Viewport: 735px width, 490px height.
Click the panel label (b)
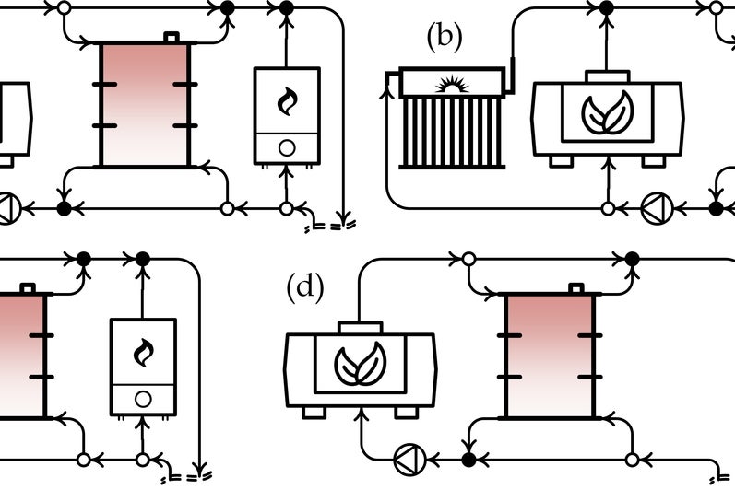click(444, 37)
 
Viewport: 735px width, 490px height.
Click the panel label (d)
click(304, 287)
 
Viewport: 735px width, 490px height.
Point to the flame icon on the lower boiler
click(143, 352)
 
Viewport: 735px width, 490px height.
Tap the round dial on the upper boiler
click(287, 146)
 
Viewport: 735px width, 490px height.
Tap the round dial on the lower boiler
click(143, 398)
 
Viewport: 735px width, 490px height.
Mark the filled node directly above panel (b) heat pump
click(606, 7)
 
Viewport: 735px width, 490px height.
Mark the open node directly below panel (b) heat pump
click(607, 209)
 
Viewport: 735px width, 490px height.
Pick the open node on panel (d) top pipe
click(468, 259)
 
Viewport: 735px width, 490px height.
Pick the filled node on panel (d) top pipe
click(632, 259)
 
